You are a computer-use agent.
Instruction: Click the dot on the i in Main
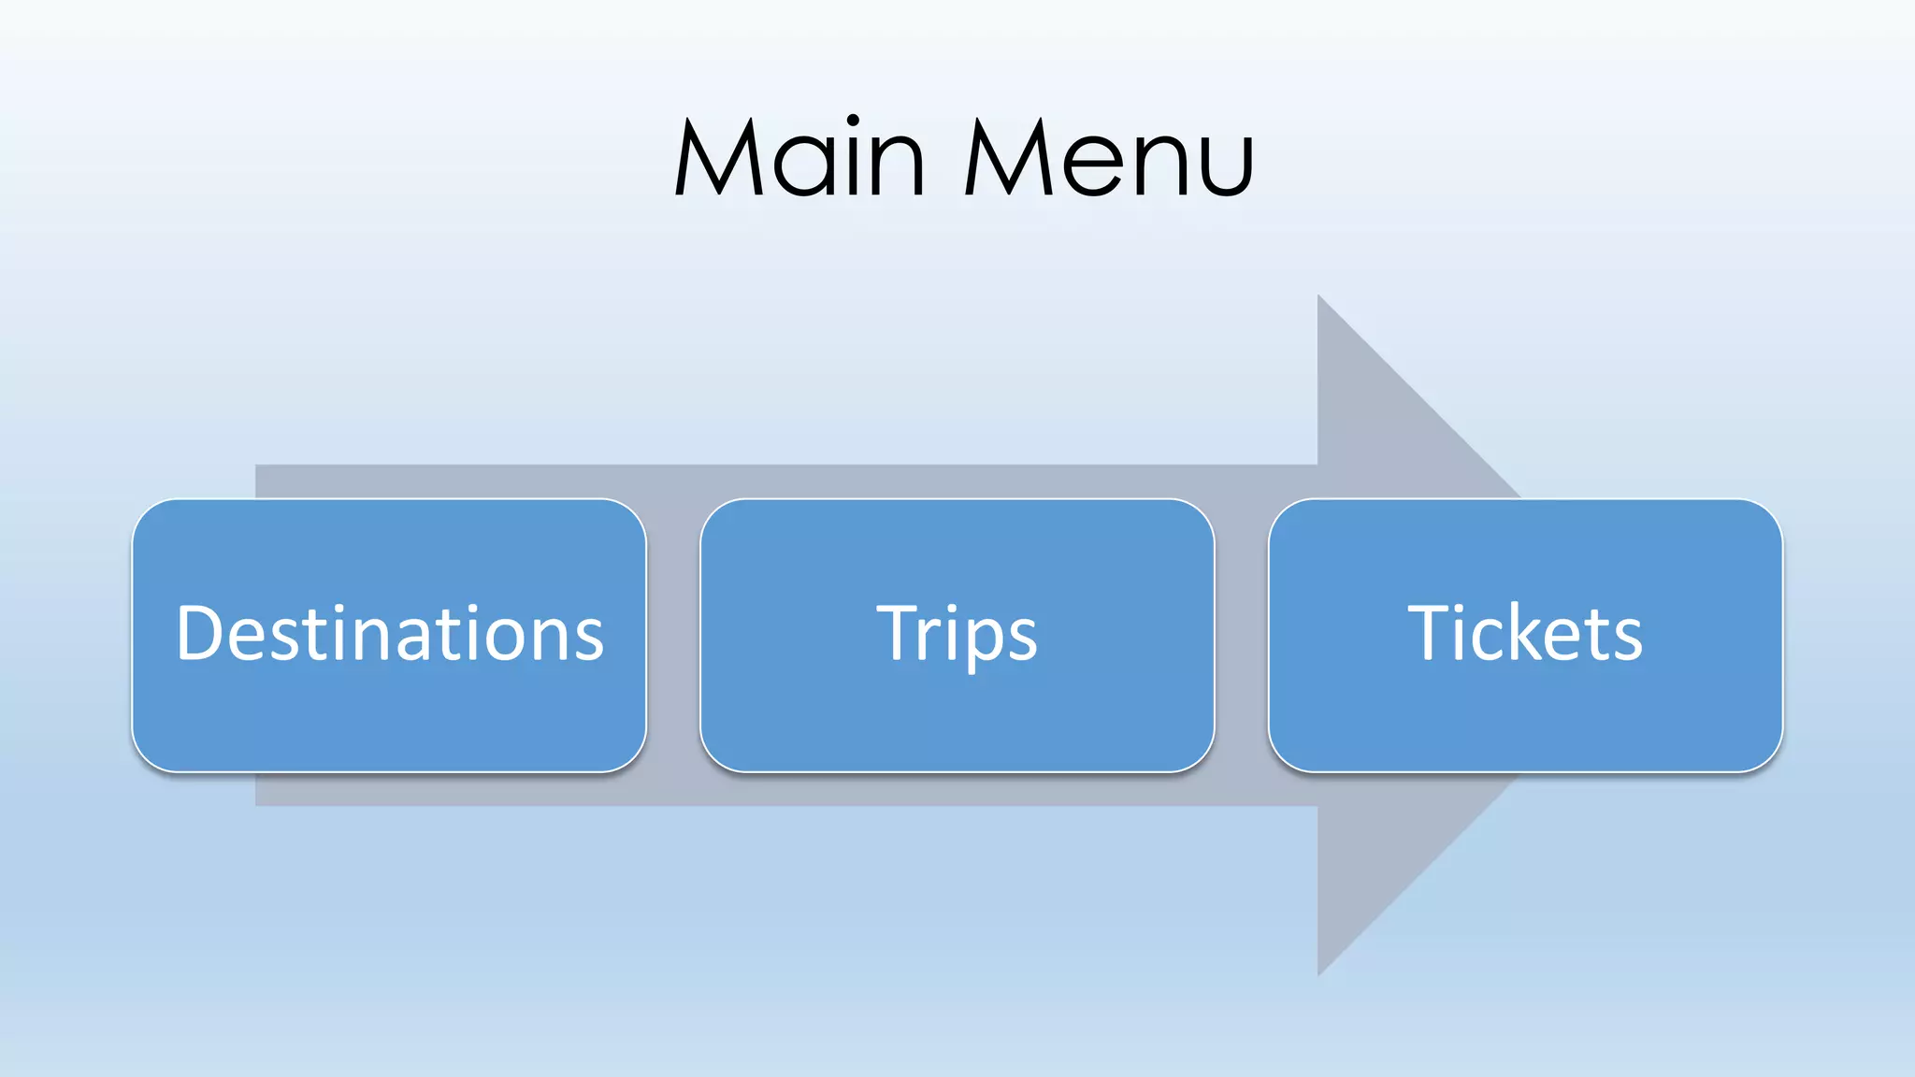click(x=853, y=121)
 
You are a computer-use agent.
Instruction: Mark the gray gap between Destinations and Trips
click(x=673, y=636)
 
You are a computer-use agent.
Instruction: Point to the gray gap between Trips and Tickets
click(x=1242, y=636)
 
